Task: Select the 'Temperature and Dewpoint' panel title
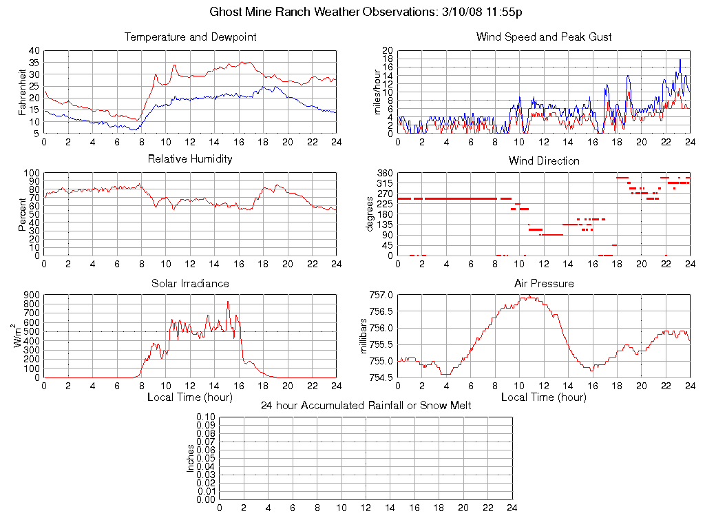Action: pyautogui.click(x=190, y=37)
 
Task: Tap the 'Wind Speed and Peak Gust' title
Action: pyautogui.click(x=544, y=37)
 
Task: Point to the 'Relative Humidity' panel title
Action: pyautogui.click(x=190, y=159)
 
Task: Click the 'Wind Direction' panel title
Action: pyautogui.click(x=544, y=161)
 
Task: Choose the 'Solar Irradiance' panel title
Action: pyautogui.click(x=190, y=284)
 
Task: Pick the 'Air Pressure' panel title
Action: pyautogui.click(x=544, y=284)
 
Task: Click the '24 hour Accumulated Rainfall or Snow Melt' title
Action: pyautogui.click(x=366, y=406)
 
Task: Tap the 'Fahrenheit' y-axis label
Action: pyautogui.click(x=22, y=92)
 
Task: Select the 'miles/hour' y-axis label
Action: pyautogui.click(x=376, y=92)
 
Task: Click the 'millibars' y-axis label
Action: pyautogui.click(x=365, y=336)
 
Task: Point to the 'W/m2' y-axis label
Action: pyautogui.click(x=19, y=336)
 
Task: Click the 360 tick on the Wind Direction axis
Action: pyautogui.click(x=384, y=173)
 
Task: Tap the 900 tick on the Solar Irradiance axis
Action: pyautogui.click(x=30, y=295)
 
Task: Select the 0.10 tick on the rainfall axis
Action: pyautogui.click(x=206, y=417)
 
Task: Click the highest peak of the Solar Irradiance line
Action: pyautogui.click(x=228, y=302)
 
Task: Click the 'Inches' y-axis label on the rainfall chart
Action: pyautogui.click(x=191, y=458)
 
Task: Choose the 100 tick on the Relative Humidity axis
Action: pyautogui.click(x=30, y=173)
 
